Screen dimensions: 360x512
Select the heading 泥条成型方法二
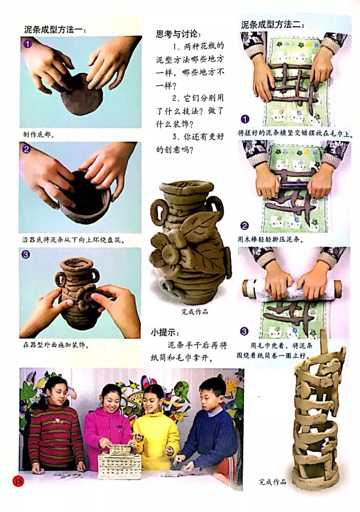(x=272, y=25)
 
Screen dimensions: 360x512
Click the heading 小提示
(x=165, y=332)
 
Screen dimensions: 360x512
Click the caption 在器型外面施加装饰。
(x=56, y=344)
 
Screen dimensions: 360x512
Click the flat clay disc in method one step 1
(x=81, y=95)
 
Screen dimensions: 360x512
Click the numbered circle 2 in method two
(x=244, y=226)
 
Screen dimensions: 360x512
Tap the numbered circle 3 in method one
(x=25, y=255)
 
